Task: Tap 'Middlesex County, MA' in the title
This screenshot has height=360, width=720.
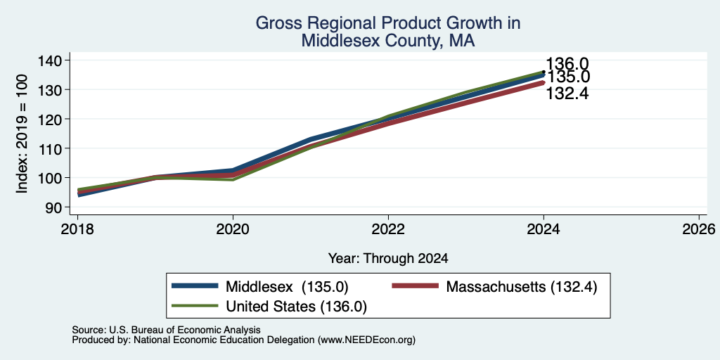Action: click(x=388, y=41)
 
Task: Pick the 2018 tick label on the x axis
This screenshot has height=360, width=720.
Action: click(x=77, y=229)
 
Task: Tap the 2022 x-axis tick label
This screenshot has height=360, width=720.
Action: click(x=388, y=229)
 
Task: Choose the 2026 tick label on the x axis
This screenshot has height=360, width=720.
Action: click(x=699, y=229)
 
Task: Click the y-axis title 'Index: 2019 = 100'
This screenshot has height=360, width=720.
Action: click(x=22, y=134)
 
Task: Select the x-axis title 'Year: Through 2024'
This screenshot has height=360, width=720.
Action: click(x=388, y=259)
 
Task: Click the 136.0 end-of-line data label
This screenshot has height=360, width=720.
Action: click(x=567, y=64)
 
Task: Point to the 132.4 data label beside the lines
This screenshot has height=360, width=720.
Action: click(x=567, y=94)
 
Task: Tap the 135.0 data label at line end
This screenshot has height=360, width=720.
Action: click(x=568, y=77)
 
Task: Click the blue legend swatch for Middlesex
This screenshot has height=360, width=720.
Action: click(x=195, y=286)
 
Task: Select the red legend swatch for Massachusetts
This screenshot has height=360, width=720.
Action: click(x=415, y=286)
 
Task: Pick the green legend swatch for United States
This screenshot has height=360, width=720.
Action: click(x=195, y=305)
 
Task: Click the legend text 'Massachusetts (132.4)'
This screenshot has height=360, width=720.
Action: click(x=522, y=287)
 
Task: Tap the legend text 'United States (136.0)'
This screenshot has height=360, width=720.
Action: click(x=297, y=306)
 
